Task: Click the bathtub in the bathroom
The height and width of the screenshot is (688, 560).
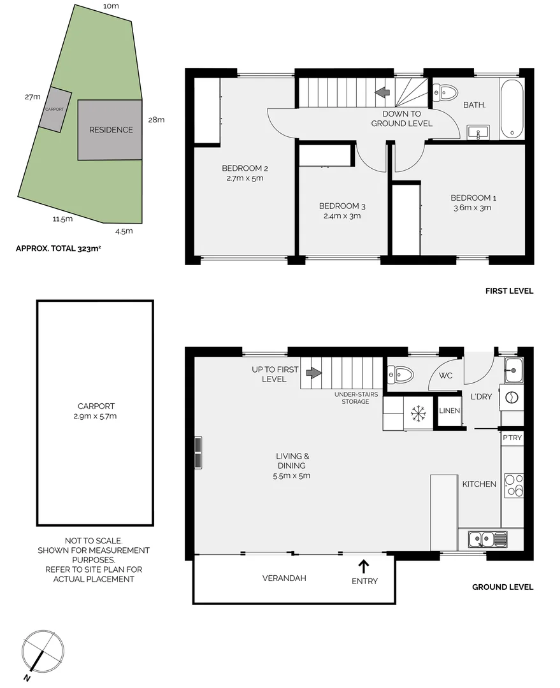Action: [512, 109]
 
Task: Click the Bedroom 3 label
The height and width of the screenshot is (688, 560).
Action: [342, 206]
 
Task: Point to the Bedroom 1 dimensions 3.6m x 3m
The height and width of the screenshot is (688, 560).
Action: [471, 208]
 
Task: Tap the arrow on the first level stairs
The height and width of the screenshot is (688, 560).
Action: [383, 93]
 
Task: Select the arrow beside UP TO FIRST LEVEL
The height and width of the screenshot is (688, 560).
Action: [313, 373]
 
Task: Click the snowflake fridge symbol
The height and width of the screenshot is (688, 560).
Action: [417, 414]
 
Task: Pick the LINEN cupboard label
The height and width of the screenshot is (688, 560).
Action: [449, 411]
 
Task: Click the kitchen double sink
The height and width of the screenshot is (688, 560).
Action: [487, 539]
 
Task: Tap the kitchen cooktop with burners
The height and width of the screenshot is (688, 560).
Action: [513, 485]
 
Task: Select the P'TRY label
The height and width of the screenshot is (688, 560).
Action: [512, 438]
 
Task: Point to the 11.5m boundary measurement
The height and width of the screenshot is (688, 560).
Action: [62, 219]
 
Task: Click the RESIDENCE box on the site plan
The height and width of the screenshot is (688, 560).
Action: [110, 130]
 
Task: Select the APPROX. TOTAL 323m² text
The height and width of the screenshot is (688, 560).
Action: [58, 249]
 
